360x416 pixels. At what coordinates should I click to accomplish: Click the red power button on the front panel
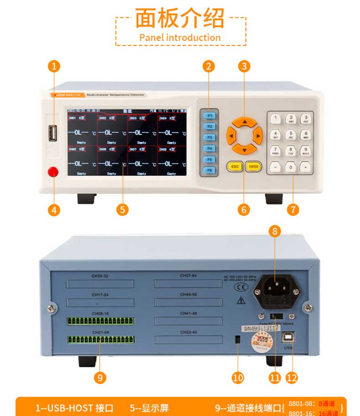pos(53,172)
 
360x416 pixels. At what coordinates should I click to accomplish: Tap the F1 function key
pos(209,116)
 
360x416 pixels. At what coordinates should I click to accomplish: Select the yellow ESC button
pos(235,166)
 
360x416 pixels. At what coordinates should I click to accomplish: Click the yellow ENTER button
pos(254,166)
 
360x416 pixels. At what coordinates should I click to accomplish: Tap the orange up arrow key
pos(245,122)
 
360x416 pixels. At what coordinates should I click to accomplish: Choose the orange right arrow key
pos(258,135)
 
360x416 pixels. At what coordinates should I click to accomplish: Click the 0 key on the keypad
pos(290,167)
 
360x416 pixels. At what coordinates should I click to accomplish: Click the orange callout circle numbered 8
pos(274,231)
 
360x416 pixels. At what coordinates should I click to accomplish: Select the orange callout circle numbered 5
pos(122,209)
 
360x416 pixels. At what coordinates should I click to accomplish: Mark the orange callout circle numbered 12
pos(292,377)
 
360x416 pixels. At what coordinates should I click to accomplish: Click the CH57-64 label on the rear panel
pos(188,276)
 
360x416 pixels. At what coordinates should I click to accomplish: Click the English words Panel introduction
pos(180,37)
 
